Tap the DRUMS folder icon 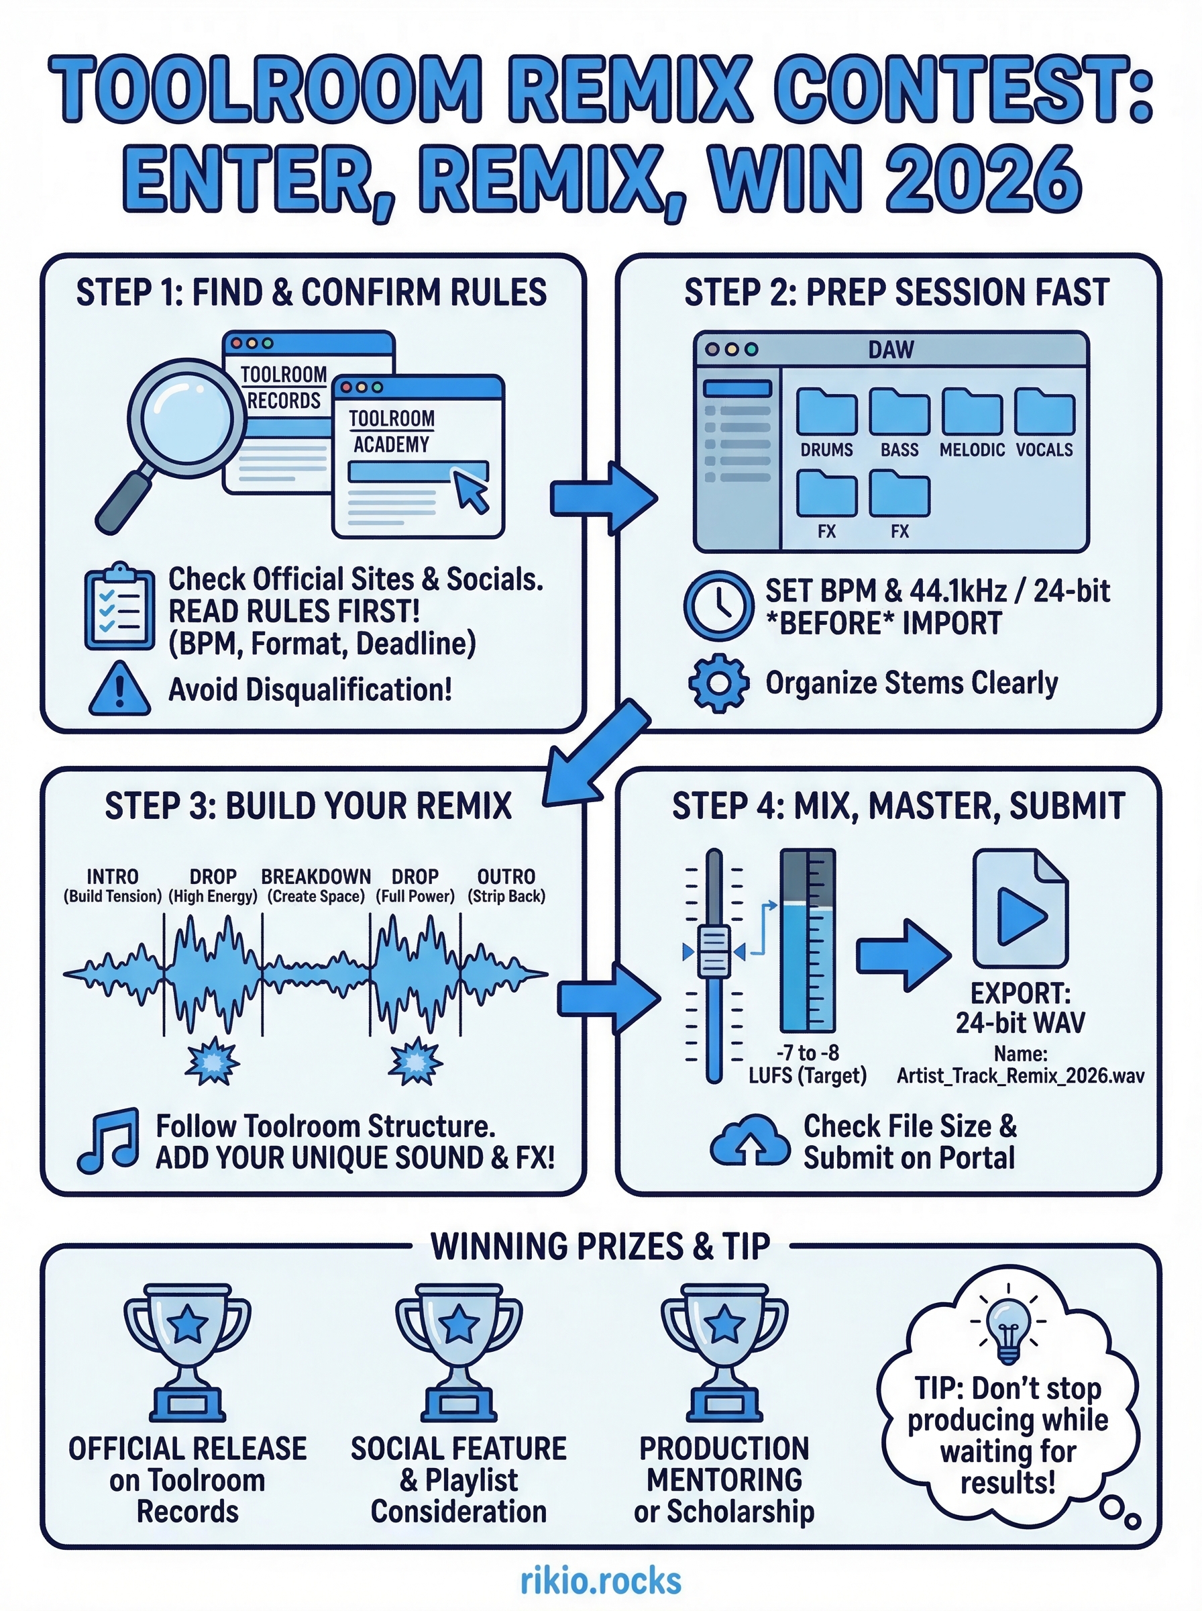826,412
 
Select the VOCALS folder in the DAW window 1045,412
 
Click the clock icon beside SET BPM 719,605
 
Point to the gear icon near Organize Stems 719,683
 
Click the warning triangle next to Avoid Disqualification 119,690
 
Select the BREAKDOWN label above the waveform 316,877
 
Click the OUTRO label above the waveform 506,877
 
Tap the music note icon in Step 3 109,1140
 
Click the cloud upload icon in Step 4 750,1140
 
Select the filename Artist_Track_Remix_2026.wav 1020,1076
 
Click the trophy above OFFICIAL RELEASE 188,1351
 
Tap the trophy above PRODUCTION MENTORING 724,1351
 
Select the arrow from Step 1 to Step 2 604,499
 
